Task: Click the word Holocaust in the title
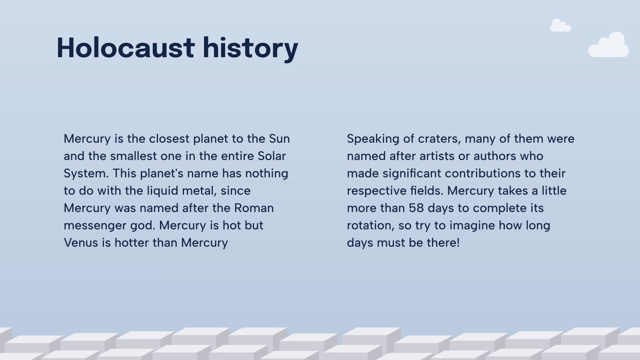coord(126,48)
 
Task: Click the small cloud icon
coord(560,26)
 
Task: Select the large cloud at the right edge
coord(609,45)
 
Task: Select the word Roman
coord(254,208)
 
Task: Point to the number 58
coord(416,208)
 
